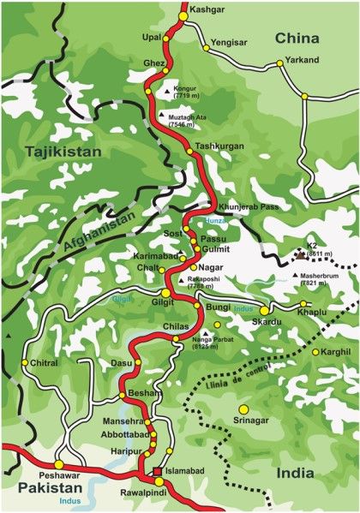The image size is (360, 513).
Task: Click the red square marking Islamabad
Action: pyautogui.click(x=157, y=472)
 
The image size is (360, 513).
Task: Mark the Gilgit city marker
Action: pyautogui.click(x=165, y=294)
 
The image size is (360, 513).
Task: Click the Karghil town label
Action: pyautogui.click(x=337, y=352)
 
